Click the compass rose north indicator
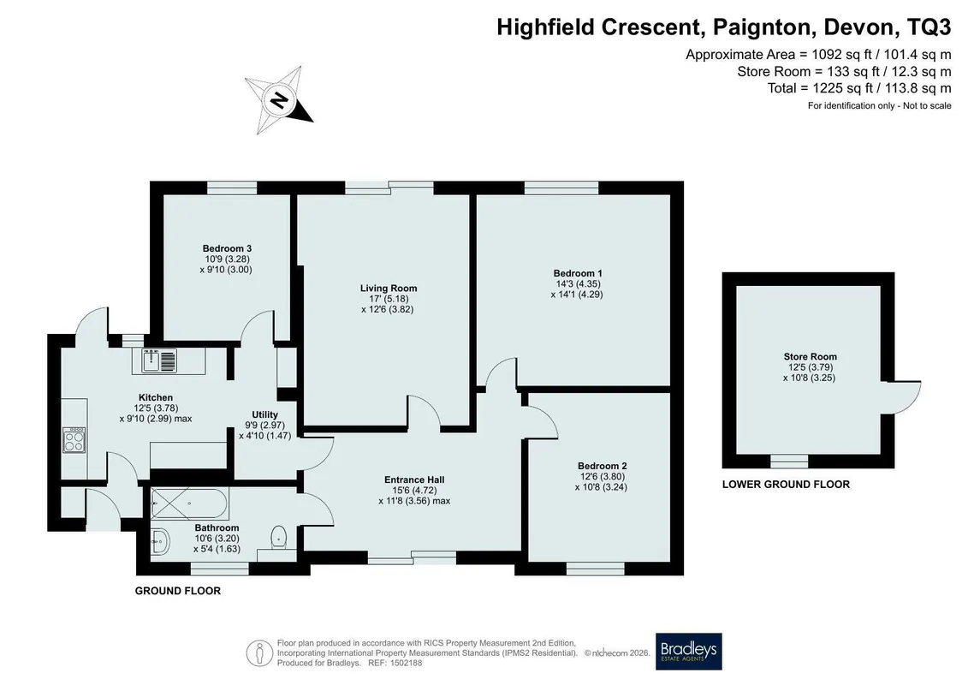click(x=279, y=99)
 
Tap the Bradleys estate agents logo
click(x=688, y=651)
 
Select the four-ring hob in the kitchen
click(x=74, y=440)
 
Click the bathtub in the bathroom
click(x=190, y=504)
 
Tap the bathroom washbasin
click(x=159, y=542)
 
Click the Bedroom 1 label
click(x=578, y=273)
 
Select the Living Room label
click(x=389, y=288)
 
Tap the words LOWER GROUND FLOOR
click(x=786, y=485)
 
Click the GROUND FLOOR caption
click(x=178, y=591)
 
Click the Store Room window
click(x=790, y=461)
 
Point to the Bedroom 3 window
click(x=231, y=188)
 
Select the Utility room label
click(x=264, y=414)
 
